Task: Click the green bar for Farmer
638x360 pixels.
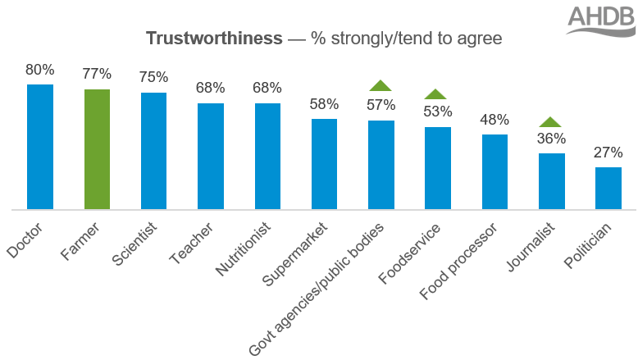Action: coord(97,149)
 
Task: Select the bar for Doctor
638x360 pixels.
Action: coord(40,147)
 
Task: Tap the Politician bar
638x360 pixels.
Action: coord(608,189)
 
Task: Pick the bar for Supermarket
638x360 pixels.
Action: coord(324,164)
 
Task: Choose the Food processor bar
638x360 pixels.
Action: coord(494,172)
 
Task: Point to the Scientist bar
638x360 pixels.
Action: coord(153,151)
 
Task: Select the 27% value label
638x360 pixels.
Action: coord(608,152)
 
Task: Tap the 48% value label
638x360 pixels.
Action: coord(494,119)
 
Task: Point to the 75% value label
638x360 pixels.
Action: coord(153,77)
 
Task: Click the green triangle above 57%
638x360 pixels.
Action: coord(381,84)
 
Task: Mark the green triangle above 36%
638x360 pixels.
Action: coord(551,121)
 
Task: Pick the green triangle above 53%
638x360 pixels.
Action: coord(437,93)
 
